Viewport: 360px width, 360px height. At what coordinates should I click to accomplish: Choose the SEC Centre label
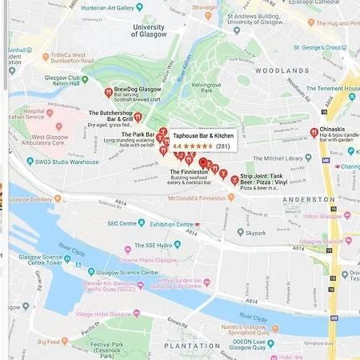[123, 223]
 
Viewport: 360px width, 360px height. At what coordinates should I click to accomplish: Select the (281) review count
[223, 146]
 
